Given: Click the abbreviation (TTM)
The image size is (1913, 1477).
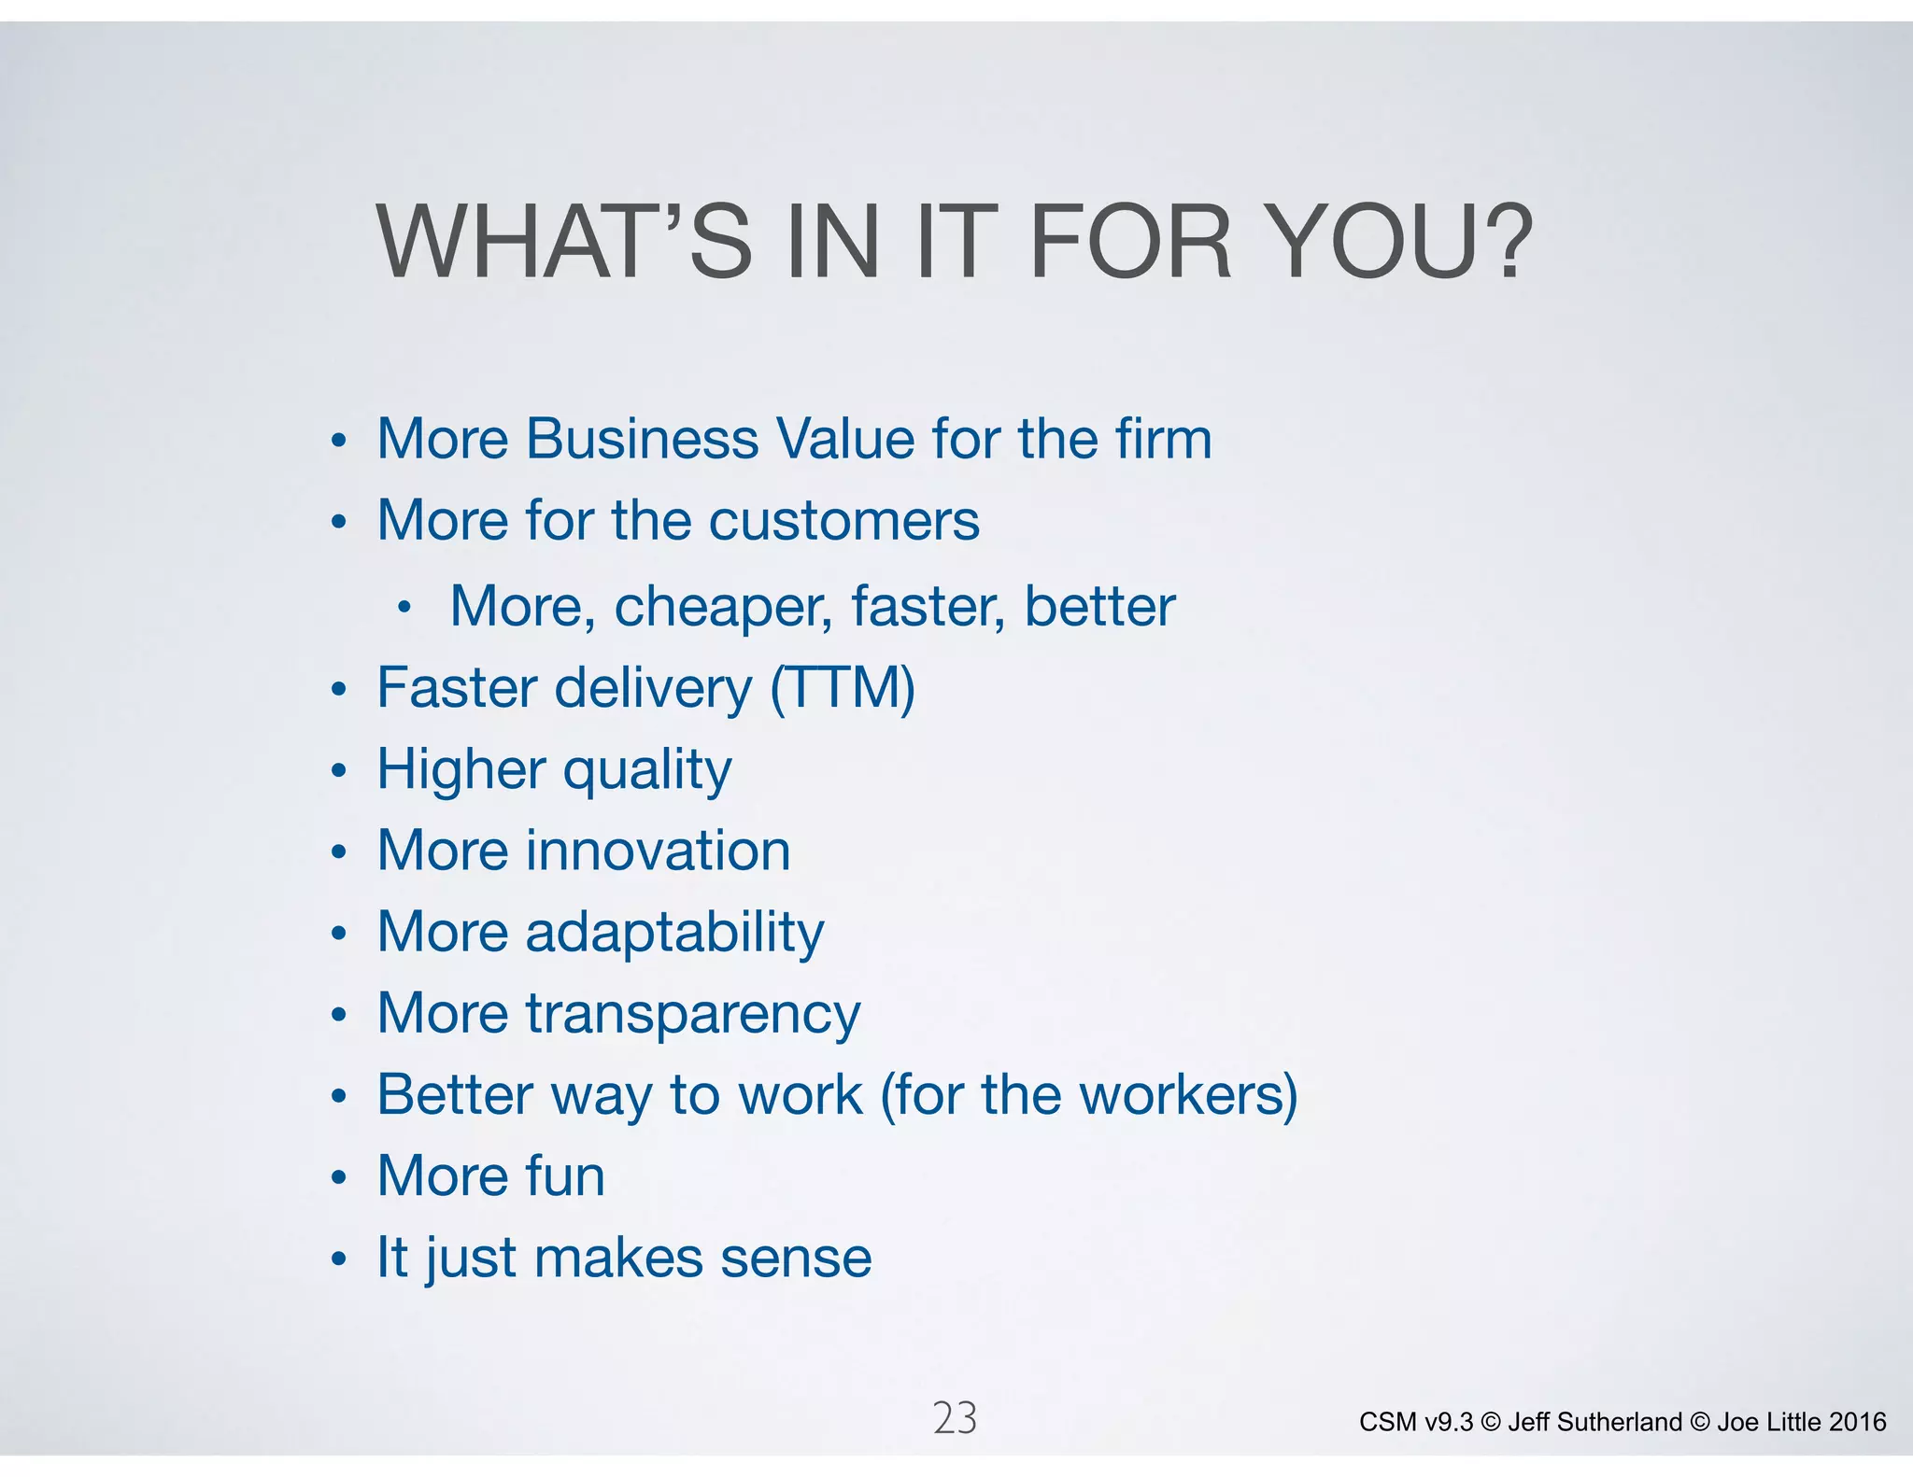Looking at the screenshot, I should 842,689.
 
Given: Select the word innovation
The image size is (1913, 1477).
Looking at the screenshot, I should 658,851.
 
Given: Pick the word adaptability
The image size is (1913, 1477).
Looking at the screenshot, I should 674,933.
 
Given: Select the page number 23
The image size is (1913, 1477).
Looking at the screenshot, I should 955,1418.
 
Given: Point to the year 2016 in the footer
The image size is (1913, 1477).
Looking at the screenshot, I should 1857,1422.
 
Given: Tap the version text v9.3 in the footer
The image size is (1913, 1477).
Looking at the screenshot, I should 1449,1422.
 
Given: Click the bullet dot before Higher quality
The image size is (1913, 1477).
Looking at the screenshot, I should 339,772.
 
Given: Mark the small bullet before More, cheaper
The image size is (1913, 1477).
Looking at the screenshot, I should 404,609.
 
